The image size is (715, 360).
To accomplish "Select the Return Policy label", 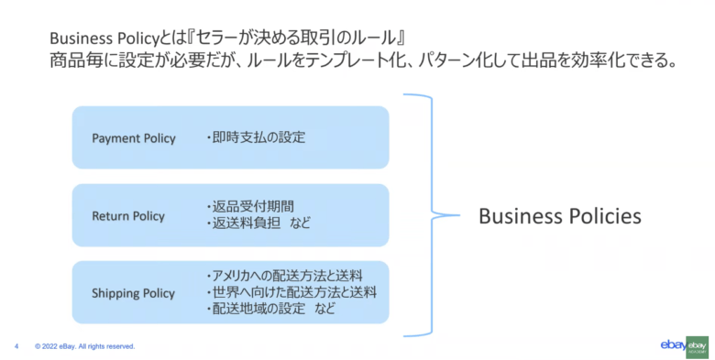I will [128, 216].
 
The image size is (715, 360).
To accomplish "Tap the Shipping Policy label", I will [133, 293].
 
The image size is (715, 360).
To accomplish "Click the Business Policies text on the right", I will [559, 216].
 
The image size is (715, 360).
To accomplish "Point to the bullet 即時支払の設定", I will [255, 138].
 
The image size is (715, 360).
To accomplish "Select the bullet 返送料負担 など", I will [259, 224].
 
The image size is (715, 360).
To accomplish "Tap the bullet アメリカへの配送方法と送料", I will [285, 276].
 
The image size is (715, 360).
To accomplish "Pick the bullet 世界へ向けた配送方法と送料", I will [291, 292].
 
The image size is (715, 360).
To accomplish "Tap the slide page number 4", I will [16, 346].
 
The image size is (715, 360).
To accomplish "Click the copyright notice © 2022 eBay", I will [84, 346].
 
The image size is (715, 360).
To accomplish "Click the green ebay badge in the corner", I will [698, 345].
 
